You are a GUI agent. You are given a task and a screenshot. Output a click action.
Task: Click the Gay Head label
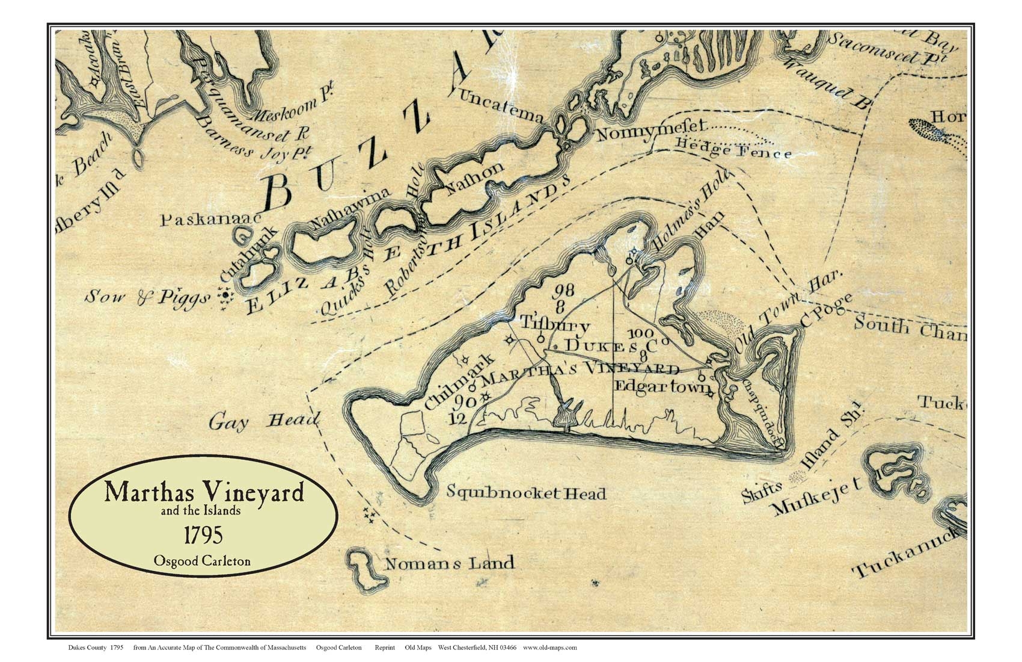(x=263, y=422)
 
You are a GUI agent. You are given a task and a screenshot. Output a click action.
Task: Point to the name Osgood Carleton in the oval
(x=202, y=561)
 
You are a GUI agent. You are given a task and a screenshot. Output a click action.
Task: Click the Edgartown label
(x=662, y=387)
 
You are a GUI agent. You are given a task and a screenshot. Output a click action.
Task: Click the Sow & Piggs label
(x=147, y=297)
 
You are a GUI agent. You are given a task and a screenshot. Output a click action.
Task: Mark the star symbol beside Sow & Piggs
(x=225, y=297)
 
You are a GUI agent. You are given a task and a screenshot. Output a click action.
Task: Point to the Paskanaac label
(x=210, y=220)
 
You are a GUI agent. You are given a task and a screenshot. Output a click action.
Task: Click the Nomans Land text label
(x=449, y=564)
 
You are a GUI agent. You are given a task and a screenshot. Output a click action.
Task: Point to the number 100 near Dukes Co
(x=640, y=333)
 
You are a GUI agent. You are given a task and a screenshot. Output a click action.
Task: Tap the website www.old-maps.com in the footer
(x=549, y=648)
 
